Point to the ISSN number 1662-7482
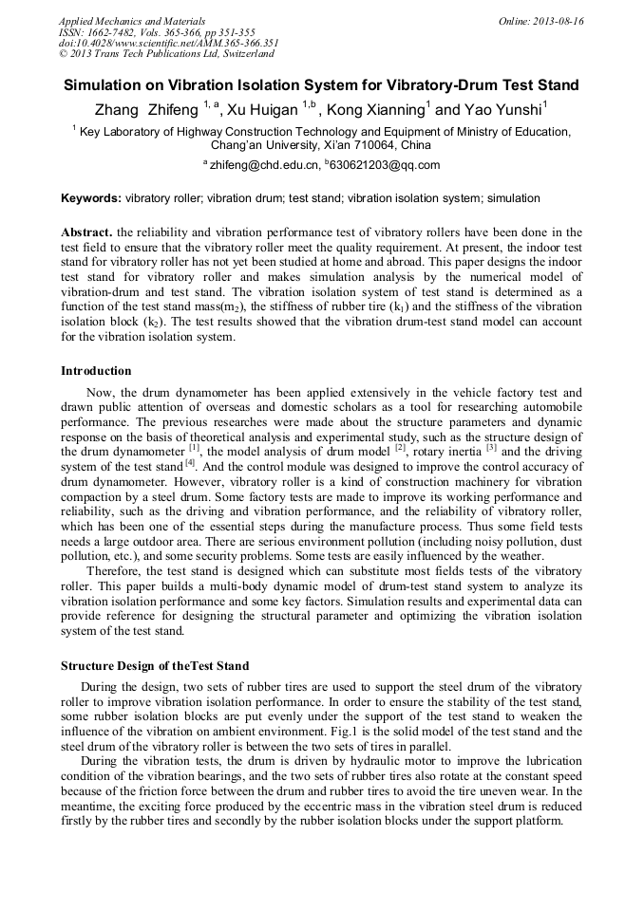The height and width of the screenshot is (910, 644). (x=117, y=32)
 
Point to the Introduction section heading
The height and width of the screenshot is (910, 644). (x=96, y=371)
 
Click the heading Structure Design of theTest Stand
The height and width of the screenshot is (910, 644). (x=155, y=665)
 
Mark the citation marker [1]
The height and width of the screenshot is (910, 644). (x=194, y=448)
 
